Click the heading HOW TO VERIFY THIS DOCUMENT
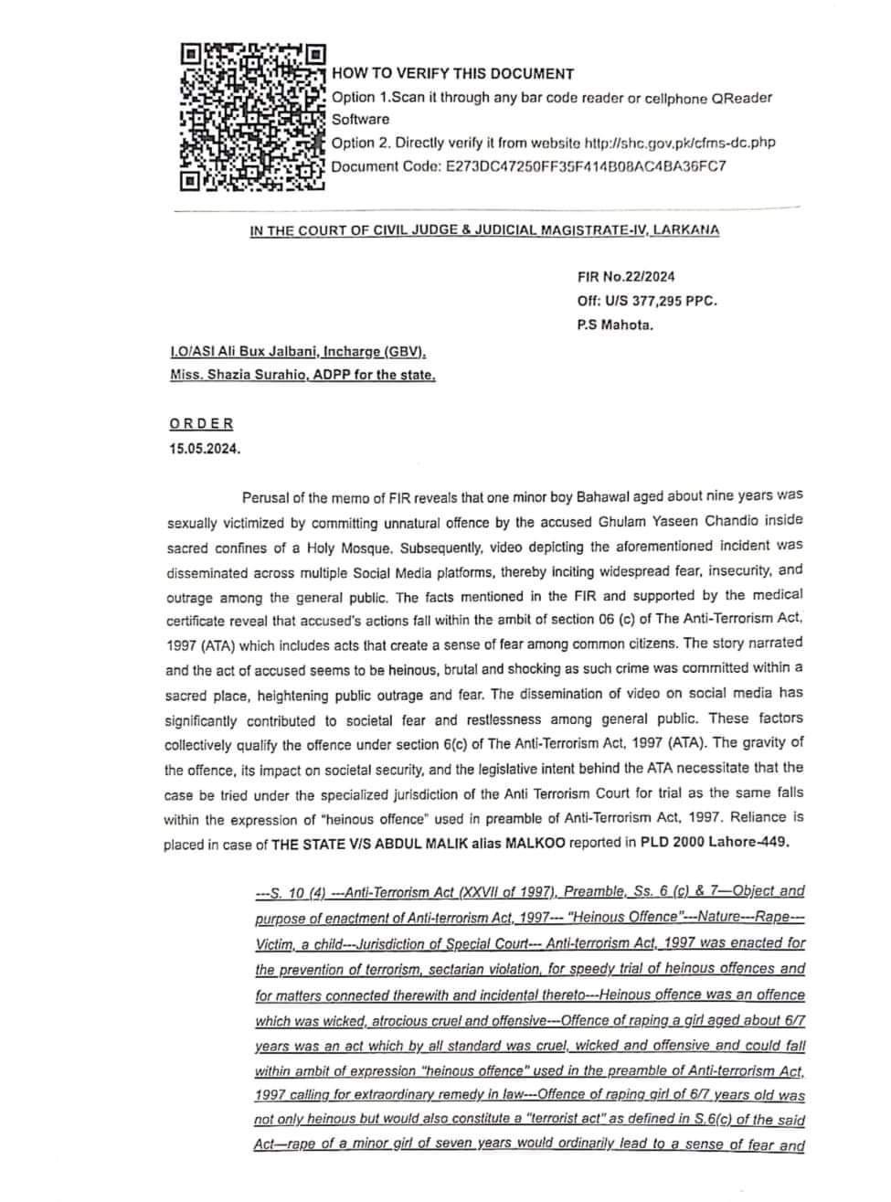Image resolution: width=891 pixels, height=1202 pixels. point(452,74)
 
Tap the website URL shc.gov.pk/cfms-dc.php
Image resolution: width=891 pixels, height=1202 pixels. point(678,143)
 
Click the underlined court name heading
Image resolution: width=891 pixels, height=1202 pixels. point(484,230)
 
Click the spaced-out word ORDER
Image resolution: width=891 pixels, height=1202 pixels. point(201,424)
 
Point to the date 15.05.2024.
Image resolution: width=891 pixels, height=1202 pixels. point(205,449)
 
